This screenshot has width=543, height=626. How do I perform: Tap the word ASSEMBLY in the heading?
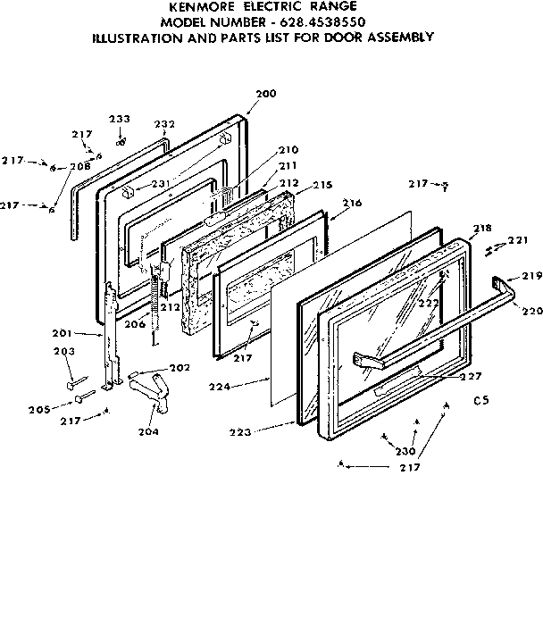pyautogui.click(x=401, y=37)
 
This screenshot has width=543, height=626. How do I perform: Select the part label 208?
pyautogui.click(x=79, y=166)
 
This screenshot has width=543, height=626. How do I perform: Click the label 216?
pyautogui.click(x=352, y=204)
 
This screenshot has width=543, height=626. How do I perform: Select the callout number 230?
pyautogui.click(x=405, y=452)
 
